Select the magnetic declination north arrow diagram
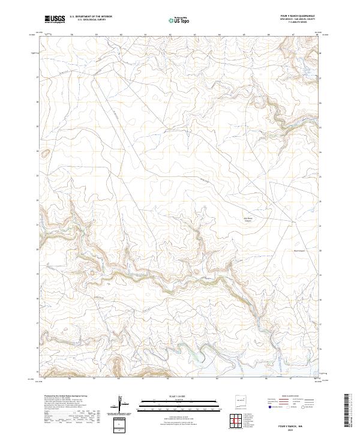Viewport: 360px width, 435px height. (x=119, y=403)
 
